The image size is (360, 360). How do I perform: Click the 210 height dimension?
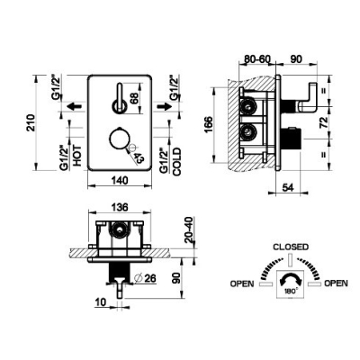[32, 122]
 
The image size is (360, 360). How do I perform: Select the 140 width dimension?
[120, 180]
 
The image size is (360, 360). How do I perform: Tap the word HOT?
[77, 156]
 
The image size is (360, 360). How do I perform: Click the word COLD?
[177, 161]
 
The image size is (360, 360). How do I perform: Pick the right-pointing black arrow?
[164, 106]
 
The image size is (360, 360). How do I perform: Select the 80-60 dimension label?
[256, 59]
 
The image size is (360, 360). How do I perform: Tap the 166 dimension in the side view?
[208, 124]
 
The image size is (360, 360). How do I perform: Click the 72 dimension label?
[323, 122]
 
